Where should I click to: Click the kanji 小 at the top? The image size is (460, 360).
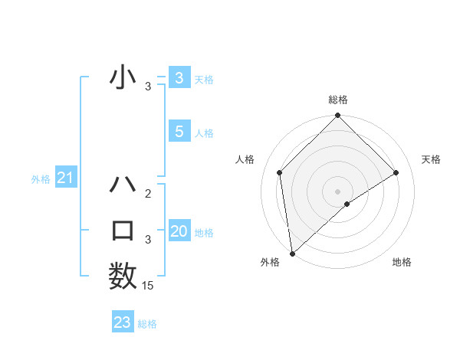[x=123, y=78]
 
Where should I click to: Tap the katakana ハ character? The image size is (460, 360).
[x=123, y=185]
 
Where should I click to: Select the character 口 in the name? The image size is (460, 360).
[x=123, y=231]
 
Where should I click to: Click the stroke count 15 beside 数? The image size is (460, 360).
[x=148, y=286]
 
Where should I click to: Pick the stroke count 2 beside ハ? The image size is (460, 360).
[x=148, y=194]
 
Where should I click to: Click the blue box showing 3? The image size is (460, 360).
[x=179, y=77]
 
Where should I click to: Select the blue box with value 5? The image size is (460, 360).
[x=179, y=132]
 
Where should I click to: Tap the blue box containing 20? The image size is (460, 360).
[x=179, y=231]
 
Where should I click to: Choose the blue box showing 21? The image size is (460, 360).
[x=66, y=178]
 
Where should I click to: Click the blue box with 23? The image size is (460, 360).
[x=123, y=322]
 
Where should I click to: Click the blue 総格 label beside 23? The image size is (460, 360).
[x=148, y=324]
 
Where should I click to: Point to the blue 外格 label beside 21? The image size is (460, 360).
[x=41, y=179]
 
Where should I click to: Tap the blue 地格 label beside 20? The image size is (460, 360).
[x=205, y=233]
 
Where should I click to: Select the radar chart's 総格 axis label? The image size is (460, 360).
[x=338, y=100]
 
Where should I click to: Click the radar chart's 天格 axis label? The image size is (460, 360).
[x=432, y=159]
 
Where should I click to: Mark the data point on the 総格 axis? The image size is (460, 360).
[x=338, y=116]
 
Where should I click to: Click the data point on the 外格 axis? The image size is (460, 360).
[x=291, y=254]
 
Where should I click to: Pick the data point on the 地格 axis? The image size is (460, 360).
[x=347, y=204]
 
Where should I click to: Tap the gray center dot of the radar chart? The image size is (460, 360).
[x=338, y=191]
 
